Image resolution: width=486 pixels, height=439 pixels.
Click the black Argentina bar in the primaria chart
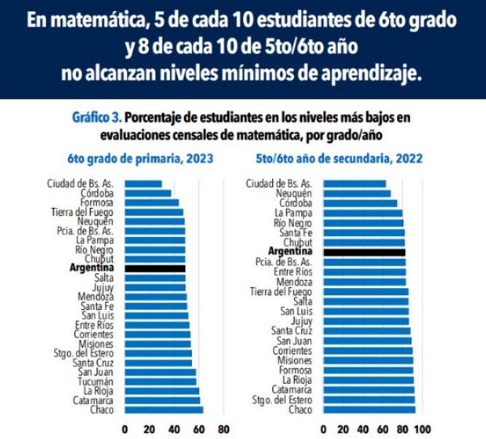tap(155, 268)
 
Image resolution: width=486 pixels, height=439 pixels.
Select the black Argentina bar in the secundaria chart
tap(363, 252)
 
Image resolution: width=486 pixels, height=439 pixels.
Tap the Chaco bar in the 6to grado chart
tap(163, 409)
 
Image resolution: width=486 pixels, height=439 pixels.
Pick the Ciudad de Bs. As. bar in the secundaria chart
tap(354, 183)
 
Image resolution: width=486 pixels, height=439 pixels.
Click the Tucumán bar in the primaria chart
tap(161, 381)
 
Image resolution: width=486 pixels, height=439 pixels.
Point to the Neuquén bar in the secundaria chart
tap(357, 193)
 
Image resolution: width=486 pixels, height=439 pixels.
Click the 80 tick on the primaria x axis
tap(223, 429)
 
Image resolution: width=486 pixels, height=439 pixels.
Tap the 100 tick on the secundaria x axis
tap(422, 429)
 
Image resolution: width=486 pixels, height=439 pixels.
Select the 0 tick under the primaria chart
tap(125, 429)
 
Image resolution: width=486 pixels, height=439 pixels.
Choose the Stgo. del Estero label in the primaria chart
tap(86, 353)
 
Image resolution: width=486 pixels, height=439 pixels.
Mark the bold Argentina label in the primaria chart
tap(91, 268)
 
